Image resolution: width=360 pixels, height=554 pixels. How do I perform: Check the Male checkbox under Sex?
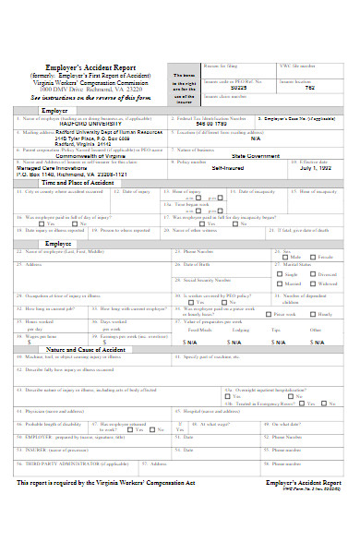[288, 258]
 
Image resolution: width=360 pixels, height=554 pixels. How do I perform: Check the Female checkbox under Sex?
[314, 258]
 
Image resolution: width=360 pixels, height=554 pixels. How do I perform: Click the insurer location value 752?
[309, 89]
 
